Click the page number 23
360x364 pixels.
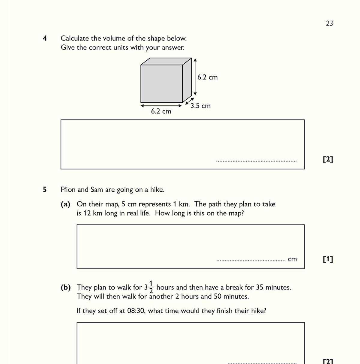tap(329, 23)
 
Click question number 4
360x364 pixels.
tap(45, 38)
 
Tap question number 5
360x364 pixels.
tap(45, 190)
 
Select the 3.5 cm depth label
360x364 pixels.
tap(200, 106)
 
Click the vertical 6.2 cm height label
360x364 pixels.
tap(207, 77)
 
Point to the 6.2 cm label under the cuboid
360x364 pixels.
tap(161, 111)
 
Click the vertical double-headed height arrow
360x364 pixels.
tap(195, 77)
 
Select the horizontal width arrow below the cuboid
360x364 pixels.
tap(161, 105)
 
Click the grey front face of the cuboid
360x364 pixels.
tap(161, 83)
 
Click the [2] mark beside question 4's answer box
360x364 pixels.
tap(328, 159)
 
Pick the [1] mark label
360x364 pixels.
tap(328, 259)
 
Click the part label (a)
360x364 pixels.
tap(65, 204)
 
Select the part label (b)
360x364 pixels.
tap(65, 287)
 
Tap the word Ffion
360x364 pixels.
tap(68, 190)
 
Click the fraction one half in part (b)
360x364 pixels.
tap(151, 287)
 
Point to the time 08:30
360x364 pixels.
tap(136, 311)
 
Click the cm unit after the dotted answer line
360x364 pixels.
tap(292, 259)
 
